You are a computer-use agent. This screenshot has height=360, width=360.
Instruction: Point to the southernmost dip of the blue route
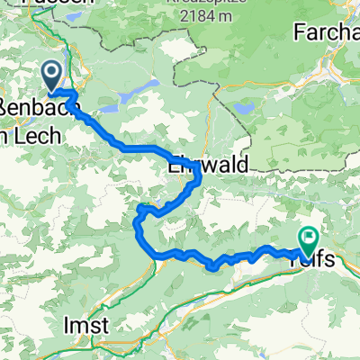click(x=212, y=266)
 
